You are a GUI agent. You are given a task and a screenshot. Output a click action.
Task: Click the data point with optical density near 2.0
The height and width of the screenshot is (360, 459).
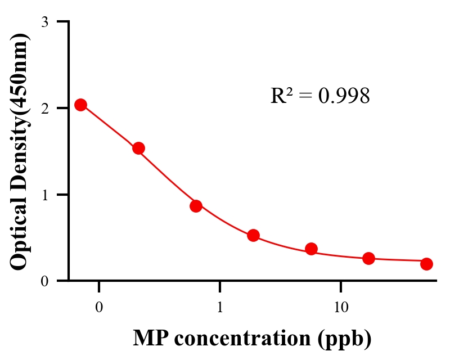coord(80,105)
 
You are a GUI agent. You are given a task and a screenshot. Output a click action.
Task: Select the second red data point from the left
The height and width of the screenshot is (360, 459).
coord(138,148)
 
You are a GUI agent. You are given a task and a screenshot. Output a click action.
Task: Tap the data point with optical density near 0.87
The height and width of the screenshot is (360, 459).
coord(196,206)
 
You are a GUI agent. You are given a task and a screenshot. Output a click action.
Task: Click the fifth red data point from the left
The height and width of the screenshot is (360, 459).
coord(311,249)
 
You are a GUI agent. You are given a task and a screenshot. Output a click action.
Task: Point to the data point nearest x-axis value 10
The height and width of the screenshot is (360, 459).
coord(368,258)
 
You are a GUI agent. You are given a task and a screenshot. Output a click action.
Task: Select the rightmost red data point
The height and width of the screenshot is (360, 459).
coord(426,264)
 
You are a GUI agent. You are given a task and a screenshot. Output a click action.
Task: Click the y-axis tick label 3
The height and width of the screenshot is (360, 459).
coord(45,22)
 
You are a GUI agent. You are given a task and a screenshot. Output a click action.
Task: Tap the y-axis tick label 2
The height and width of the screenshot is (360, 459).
coord(45,108)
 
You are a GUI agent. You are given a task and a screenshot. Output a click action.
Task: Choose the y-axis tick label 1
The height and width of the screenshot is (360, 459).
coord(45,195)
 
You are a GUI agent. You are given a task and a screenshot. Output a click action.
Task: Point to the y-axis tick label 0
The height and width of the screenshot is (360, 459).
coord(45,281)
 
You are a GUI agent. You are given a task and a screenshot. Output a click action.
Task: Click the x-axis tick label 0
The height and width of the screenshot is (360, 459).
coord(99,308)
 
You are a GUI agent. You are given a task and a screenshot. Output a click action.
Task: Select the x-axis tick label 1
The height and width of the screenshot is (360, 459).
coord(220,308)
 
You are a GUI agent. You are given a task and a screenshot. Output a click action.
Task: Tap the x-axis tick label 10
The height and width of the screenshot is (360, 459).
coord(341,308)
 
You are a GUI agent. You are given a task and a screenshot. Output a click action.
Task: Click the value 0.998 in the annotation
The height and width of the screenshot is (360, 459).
coord(344,96)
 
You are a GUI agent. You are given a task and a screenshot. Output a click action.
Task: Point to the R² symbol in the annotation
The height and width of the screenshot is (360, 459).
coord(280,96)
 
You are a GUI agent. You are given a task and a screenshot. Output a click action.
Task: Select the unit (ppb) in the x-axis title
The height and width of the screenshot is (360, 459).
coord(344,339)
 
